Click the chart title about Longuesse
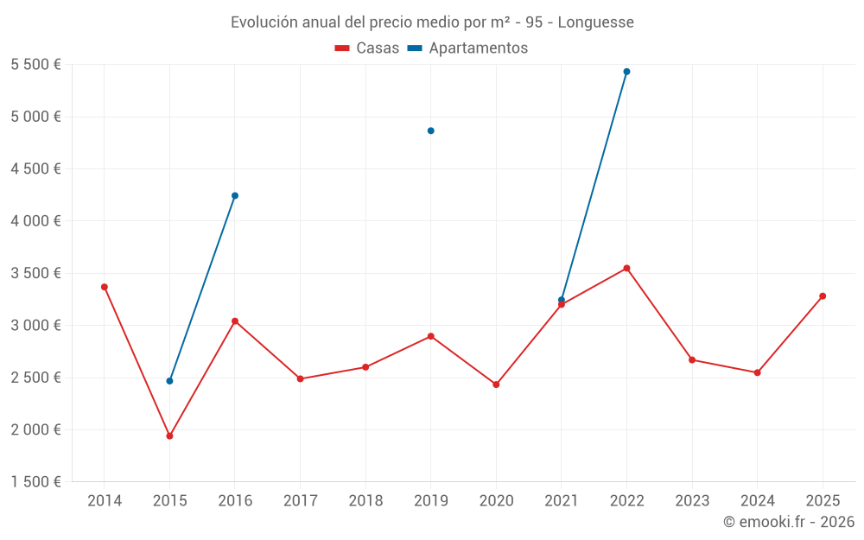[x=432, y=22]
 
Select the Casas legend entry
[x=367, y=48]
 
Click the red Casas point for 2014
[x=105, y=287]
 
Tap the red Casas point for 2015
[x=169, y=436]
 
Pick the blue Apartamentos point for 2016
[x=235, y=195]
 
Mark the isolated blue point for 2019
[x=431, y=130]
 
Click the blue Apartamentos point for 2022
[x=626, y=72]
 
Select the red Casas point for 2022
[x=626, y=268]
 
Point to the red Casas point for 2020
[x=496, y=384]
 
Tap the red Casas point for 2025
[x=823, y=296]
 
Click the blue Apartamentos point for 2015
[x=169, y=381]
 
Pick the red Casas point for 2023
[x=692, y=359]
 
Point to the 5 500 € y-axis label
[x=35, y=65]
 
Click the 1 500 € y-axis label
[x=35, y=482]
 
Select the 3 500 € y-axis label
[x=35, y=273]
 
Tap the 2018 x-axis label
[x=365, y=501]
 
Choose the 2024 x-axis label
[x=757, y=501]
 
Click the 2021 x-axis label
[x=562, y=501]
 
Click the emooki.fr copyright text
[x=788, y=522]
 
